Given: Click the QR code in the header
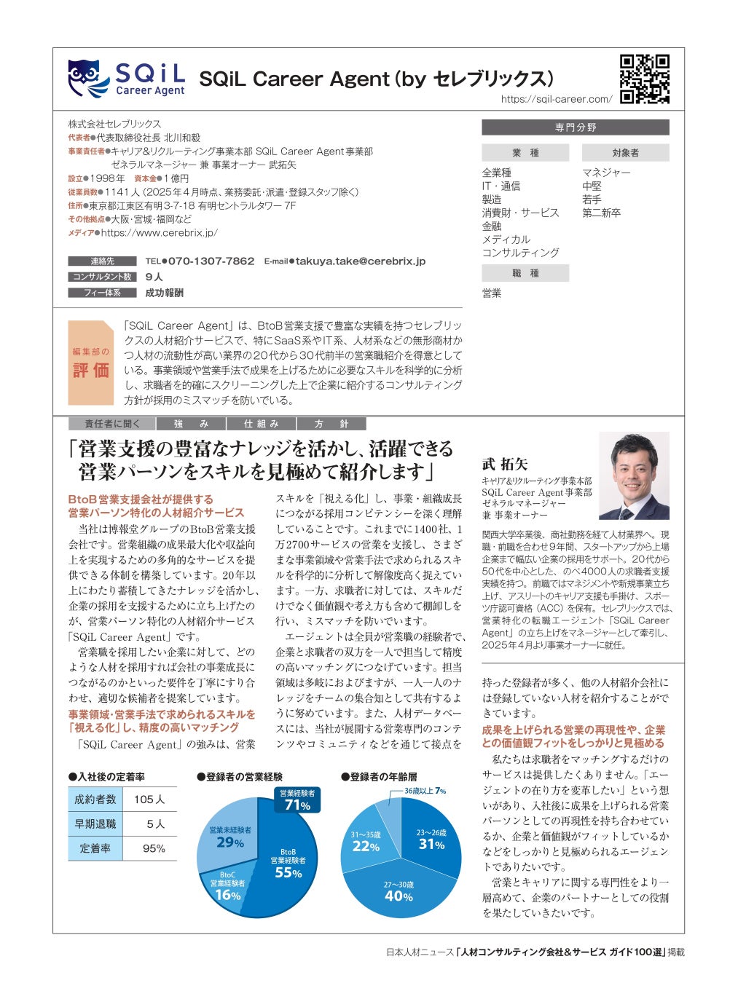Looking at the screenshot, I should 644,79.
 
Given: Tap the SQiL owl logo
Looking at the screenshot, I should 89,78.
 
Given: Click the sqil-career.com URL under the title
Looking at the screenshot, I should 557,99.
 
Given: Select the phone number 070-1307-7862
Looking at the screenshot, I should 211,261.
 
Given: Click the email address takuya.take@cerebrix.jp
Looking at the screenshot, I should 360,261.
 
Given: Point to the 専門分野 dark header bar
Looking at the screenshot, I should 575,127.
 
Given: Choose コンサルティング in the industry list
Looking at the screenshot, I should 520,253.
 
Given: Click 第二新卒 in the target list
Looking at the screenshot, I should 601,213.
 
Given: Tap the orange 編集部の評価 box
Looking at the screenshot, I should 90,363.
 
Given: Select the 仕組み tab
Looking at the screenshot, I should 261,424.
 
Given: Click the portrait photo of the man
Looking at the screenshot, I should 633,476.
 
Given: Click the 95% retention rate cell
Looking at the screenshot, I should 154,848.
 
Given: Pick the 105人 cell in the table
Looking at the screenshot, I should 149,800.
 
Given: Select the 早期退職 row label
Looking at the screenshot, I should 95,824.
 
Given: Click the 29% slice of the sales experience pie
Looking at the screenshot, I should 229,837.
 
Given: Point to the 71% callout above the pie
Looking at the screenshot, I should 297,800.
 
